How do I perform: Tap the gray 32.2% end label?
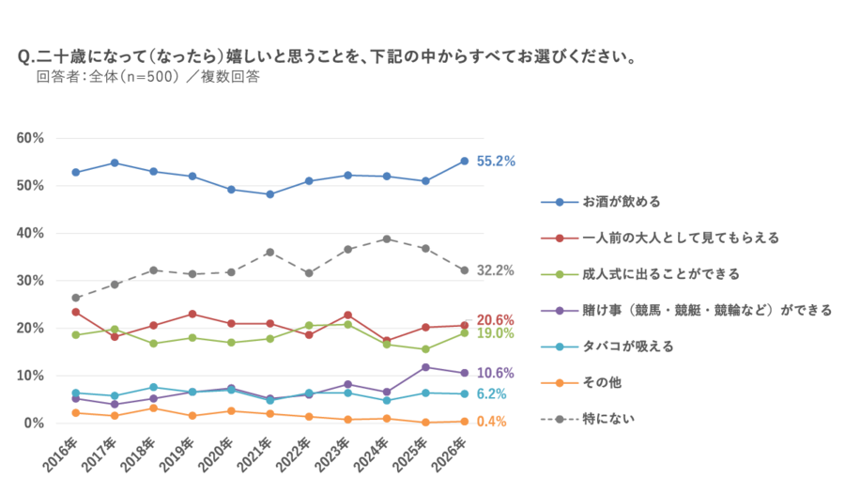(496, 270)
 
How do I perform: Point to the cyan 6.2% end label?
(491, 393)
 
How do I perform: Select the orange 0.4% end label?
(491, 422)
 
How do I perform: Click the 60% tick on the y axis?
(31, 138)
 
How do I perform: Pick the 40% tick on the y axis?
(31, 233)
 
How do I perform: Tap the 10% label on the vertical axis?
(31, 375)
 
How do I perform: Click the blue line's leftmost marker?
(75, 173)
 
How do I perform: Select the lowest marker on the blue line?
(270, 194)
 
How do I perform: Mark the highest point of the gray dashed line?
(387, 239)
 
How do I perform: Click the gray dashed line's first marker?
(75, 298)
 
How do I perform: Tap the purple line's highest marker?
(425, 367)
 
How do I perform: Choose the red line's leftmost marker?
(75, 312)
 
